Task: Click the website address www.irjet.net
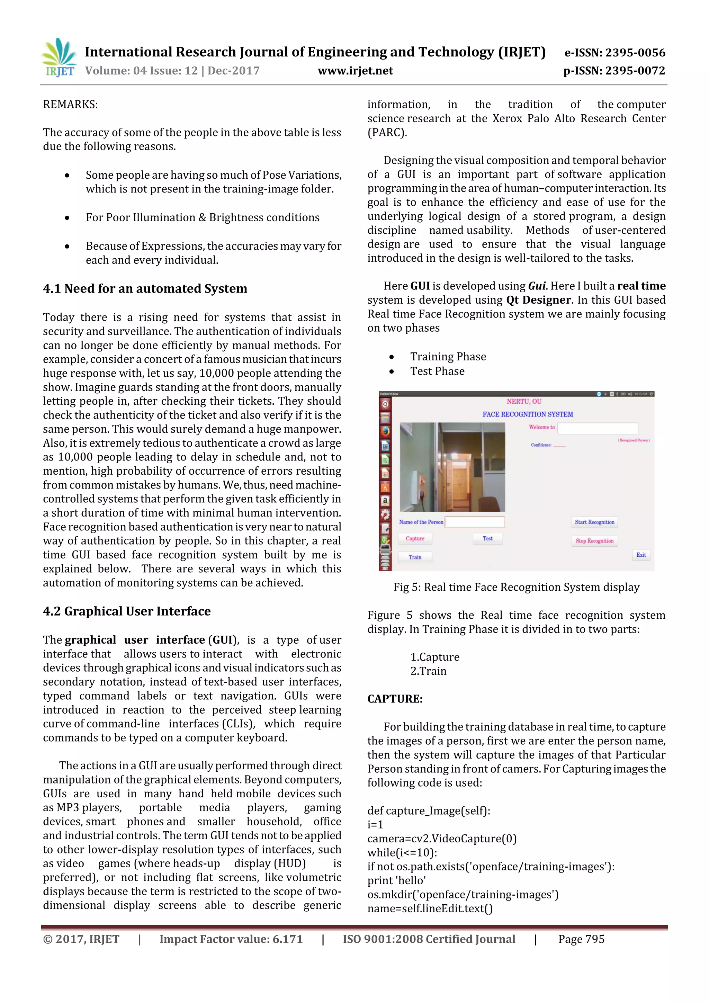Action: point(355,71)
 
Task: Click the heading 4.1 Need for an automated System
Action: point(145,288)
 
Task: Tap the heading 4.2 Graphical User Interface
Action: point(127,611)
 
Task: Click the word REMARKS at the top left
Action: point(70,105)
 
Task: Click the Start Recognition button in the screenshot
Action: point(594,522)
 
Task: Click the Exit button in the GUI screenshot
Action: point(640,555)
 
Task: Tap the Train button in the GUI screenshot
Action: point(415,557)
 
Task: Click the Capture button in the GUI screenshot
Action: point(415,539)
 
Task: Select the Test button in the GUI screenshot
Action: point(487,539)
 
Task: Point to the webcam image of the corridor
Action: point(452,467)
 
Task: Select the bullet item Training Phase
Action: point(448,357)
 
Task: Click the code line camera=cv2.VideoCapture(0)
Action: point(442,838)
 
